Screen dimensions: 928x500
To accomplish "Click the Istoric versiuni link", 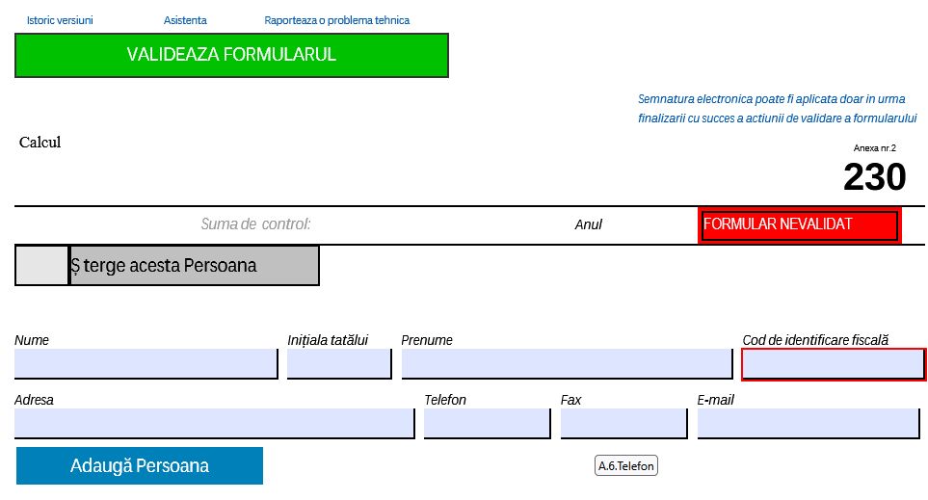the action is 60,20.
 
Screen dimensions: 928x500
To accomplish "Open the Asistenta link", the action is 185,20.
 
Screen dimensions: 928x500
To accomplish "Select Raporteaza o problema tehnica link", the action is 336,20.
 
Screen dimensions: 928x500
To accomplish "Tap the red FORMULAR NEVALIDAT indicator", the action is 800,224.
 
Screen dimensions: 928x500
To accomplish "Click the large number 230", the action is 874,176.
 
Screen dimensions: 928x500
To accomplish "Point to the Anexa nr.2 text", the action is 875,148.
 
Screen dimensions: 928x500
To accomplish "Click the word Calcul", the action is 40,142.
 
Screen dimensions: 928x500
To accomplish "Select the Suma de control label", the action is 255,224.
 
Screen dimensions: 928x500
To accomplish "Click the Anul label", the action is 588,224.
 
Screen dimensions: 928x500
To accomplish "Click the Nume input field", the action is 146,363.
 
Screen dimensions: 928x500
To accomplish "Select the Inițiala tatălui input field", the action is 339,363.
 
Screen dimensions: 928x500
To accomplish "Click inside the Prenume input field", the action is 567,363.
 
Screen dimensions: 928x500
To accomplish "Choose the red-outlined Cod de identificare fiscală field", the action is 834,364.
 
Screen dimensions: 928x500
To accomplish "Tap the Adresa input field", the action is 214,423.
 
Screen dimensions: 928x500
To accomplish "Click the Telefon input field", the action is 487,423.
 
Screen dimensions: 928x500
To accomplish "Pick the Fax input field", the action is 623,423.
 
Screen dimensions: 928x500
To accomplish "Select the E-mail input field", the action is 809,423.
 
